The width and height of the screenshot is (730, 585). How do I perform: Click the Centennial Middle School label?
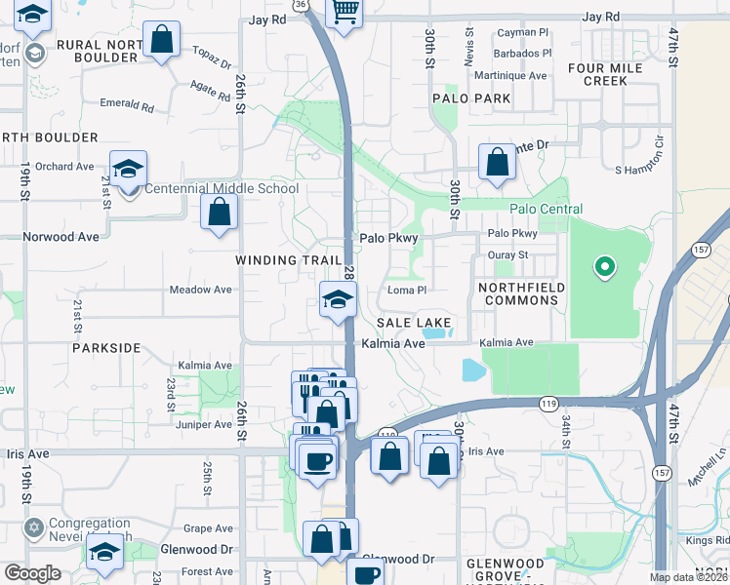click(x=223, y=188)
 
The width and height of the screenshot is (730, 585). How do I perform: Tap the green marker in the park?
click(x=604, y=265)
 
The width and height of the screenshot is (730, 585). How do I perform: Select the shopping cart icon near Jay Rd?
click(x=345, y=12)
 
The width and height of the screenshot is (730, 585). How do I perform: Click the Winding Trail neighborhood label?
click(x=289, y=260)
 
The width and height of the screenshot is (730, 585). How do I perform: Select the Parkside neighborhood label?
click(x=106, y=347)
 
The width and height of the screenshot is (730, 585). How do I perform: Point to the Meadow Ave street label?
click(x=200, y=290)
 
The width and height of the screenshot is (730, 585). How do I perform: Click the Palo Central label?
click(x=546, y=210)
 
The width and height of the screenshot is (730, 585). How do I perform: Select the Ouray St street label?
click(x=508, y=255)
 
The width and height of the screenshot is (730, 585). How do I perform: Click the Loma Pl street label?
click(x=408, y=290)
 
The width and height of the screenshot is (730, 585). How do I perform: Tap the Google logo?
click(x=32, y=573)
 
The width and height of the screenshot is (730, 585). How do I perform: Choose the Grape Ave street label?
click(x=208, y=528)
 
